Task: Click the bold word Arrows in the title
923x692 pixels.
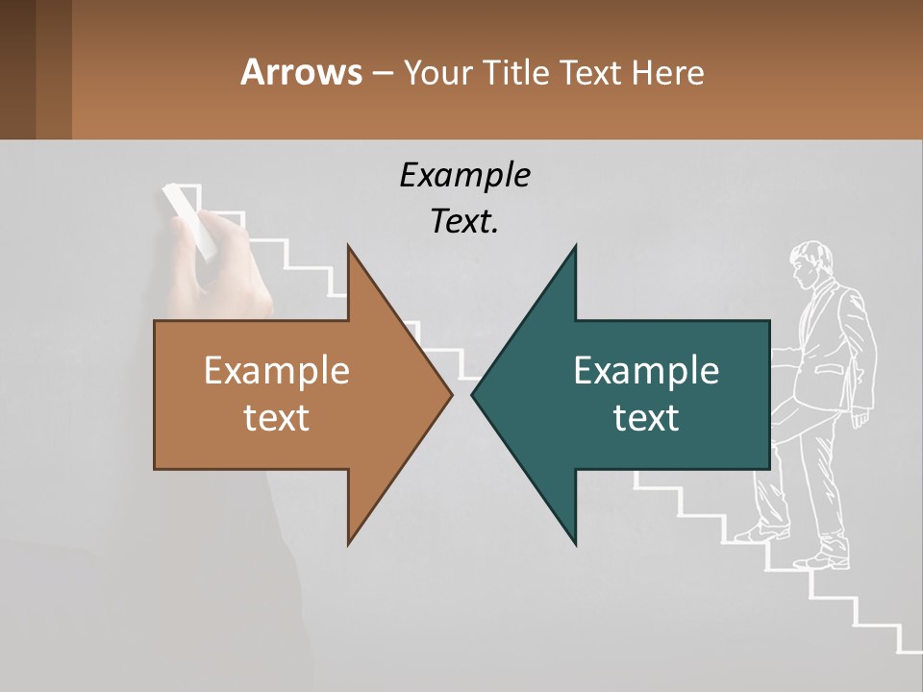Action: coord(301,72)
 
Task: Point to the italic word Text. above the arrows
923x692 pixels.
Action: coord(464,221)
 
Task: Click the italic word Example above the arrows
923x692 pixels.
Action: coord(464,175)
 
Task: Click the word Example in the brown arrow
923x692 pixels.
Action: coord(277,370)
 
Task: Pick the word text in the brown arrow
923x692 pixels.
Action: coord(277,417)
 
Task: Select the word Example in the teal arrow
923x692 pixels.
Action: coord(646,370)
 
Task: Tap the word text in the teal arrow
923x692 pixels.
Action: coord(646,417)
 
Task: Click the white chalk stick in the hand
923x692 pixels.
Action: coord(188,218)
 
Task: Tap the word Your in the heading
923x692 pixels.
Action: coord(438,72)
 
